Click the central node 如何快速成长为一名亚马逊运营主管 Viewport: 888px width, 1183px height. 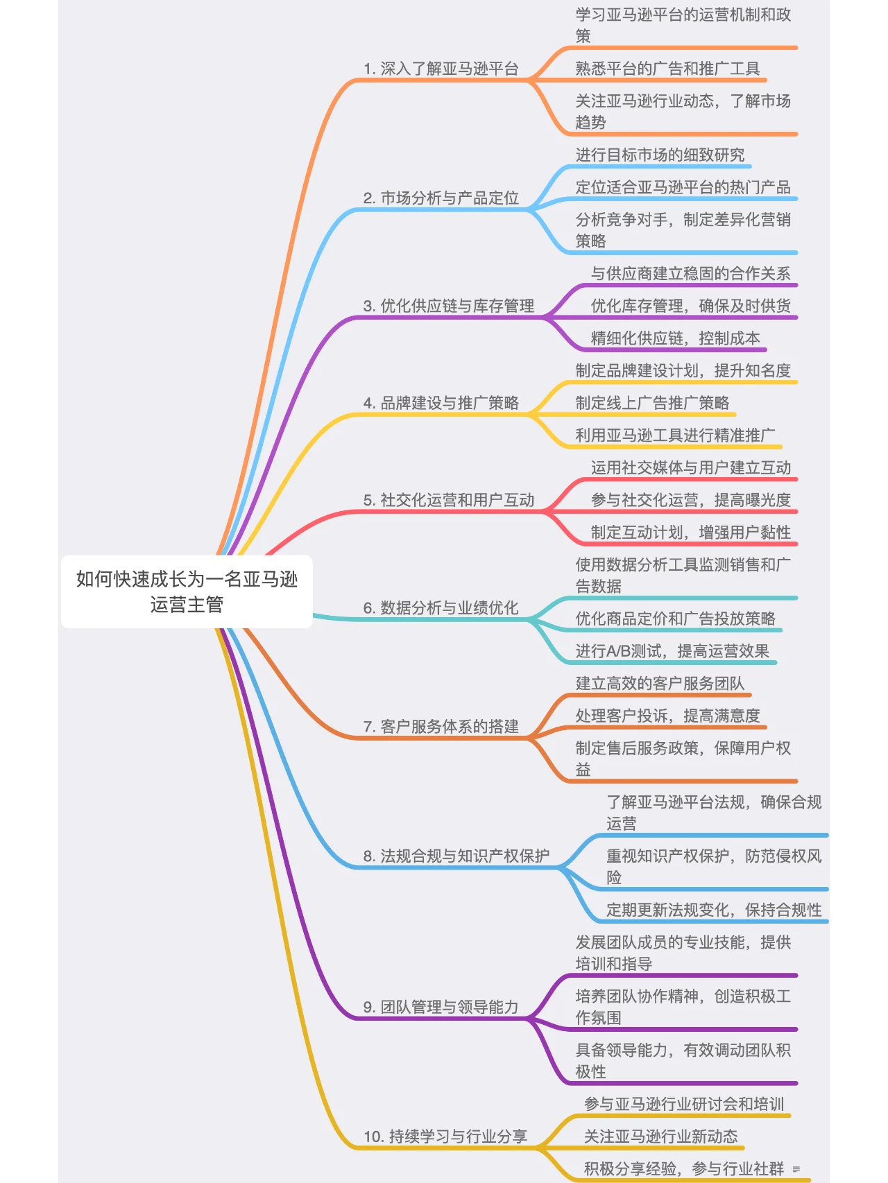(x=187, y=591)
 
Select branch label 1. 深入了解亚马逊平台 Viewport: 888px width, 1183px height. (x=441, y=69)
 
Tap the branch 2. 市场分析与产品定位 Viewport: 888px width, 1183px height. (x=441, y=198)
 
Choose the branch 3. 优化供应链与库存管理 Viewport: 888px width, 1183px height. (x=448, y=306)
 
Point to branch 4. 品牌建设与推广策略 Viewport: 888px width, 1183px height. (x=441, y=403)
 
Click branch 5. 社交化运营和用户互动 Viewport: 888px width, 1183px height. (x=448, y=500)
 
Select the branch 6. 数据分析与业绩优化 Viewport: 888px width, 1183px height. (x=441, y=608)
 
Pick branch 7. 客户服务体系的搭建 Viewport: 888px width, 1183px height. (x=441, y=727)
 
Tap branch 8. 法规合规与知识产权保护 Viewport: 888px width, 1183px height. (x=456, y=856)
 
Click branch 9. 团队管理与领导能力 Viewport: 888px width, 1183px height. (x=441, y=1007)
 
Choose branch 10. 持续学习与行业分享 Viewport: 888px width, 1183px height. (x=445, y=1137)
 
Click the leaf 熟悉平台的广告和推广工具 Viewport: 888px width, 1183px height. (x=667, y=69)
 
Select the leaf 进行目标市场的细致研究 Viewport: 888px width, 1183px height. (x=660, y=155)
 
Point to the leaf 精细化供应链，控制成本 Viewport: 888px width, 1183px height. (x=675, y=338)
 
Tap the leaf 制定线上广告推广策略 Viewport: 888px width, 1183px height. (x=652, y=403)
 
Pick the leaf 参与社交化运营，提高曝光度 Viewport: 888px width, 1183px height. (x=690, y=500)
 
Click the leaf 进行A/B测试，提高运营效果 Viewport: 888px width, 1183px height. (x=672, y=651)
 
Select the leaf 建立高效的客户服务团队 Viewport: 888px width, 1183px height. (x=660, y=684)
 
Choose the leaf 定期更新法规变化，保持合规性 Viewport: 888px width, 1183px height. (x=714, y=910)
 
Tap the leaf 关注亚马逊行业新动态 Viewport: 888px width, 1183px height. (x=660, y=1137)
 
